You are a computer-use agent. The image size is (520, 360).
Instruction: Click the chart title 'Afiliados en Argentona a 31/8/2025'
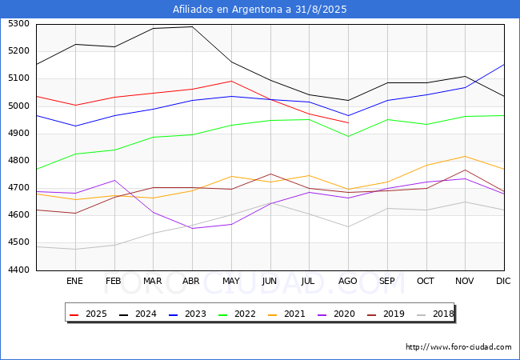coord(260,10)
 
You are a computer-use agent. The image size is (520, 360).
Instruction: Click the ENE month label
coord(74,281)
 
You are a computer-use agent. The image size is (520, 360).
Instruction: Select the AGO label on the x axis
coord(348,281)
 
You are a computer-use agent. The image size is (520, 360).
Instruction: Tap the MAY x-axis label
coord(230,281)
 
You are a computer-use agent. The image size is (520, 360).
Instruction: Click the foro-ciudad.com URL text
coord(458,347)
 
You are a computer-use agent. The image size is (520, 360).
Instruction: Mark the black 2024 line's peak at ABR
coord(191,26)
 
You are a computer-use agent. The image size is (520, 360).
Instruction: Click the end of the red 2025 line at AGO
coord(348,122)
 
